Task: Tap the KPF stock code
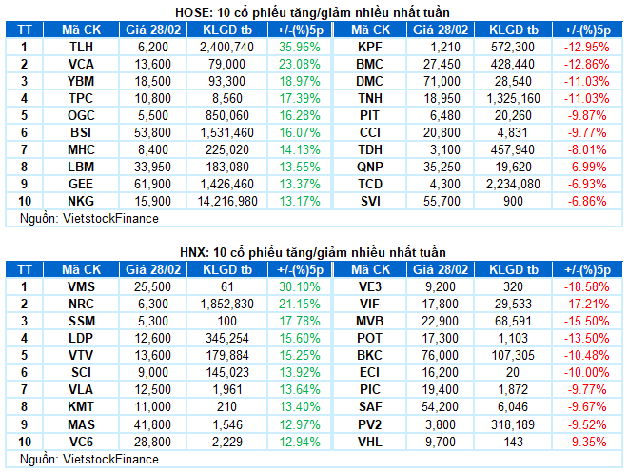[369, 46]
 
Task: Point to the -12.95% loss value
[586, 46]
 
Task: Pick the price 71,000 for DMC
[437, 81]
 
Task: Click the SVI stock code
[369, 201]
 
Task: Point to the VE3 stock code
[369, 286]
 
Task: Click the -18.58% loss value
[586, 286]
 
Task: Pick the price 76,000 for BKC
[437, 354]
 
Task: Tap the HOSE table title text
[314, 11]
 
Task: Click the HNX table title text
[314, 251]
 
